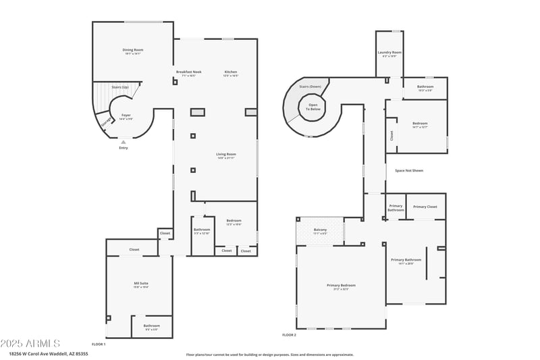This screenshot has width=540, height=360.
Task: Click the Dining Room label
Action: point(132,50)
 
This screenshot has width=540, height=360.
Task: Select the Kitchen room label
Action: point(231,72)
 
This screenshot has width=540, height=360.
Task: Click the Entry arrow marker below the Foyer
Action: point(123,143)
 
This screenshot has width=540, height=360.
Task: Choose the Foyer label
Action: point(126,115)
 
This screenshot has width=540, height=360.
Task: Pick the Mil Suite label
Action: point(141,284)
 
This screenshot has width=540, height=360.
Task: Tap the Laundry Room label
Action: point(389,53)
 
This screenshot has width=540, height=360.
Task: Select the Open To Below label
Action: point(314,107)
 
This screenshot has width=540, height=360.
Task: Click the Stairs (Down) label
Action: point(310,86)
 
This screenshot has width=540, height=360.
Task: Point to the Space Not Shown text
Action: point(409,170)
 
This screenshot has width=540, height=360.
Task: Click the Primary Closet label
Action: point(425,207)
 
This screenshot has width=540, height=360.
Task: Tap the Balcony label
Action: point(320,230)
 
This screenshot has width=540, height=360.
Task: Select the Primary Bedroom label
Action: point(341,286)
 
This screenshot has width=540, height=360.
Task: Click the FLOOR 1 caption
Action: point(99,344)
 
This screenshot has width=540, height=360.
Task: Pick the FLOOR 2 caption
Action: point(289,334)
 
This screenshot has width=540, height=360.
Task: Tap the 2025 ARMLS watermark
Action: point(30,343)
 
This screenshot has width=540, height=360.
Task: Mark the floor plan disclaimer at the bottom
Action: point(269,354)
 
